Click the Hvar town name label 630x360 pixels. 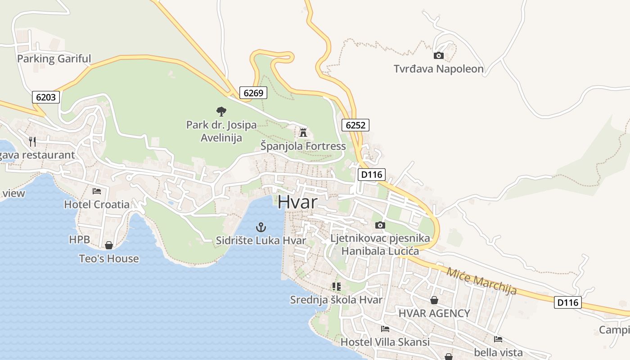(x=297, y=202)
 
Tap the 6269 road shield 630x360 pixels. (x=253, y=93)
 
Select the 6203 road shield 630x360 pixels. (x=46, y=97)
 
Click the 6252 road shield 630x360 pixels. (x=355, y=125)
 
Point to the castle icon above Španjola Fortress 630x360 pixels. (x=303, y=133)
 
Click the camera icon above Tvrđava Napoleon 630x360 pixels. (x=438, y=56)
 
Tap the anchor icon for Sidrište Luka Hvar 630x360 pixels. (x=261, y=227)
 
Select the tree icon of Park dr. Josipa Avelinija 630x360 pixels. (x=221, y=111)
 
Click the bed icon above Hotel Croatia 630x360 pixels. (x=97, y=191)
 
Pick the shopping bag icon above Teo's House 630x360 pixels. (x=109, y=245)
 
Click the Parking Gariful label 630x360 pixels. (x=54, y=58)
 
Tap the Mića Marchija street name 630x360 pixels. (x=481, y=281)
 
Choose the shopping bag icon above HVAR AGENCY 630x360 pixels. (x=434, y=300)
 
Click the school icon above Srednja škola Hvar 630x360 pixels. (x=336, y=286)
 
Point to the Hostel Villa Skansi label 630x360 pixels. (x=385, y=342)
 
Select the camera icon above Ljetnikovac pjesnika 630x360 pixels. (x=380, y=225)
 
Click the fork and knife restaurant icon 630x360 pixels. (x=32, y=142)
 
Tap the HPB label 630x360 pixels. (x=80, y=239)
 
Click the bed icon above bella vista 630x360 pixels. (x=498, y=339)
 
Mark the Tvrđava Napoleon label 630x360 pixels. (x=439, y=69)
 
